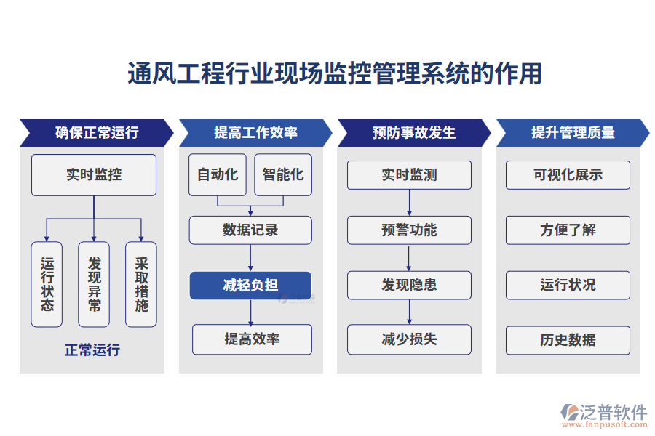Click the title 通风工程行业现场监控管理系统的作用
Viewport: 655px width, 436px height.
(x=335, y=73)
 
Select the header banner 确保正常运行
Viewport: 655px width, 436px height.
(x=96, y=132)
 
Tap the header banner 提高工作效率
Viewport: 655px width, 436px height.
(x=255, y=132)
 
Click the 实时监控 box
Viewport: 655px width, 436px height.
(x=94, y=175)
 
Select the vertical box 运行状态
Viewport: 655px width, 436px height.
(x=47, y=284)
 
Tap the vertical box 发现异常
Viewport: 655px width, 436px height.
(x=94, y=284)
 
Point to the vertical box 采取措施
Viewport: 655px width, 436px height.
(x=141, y=284)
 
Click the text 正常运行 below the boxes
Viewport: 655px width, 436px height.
(x=92, y=350)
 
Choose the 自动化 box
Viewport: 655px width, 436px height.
(x=218, y=174)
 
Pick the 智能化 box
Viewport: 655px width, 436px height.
(x=283, y=174)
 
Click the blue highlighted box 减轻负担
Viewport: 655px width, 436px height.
(x=250, y=286)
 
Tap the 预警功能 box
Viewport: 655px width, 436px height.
(x=409, y=230)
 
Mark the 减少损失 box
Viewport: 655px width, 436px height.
(x=409, y=339)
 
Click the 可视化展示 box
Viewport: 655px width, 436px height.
(x=568, y=175)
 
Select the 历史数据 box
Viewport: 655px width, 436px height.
(x=568, y=339)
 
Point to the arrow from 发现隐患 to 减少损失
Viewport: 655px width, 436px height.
(x=409, y=312)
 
